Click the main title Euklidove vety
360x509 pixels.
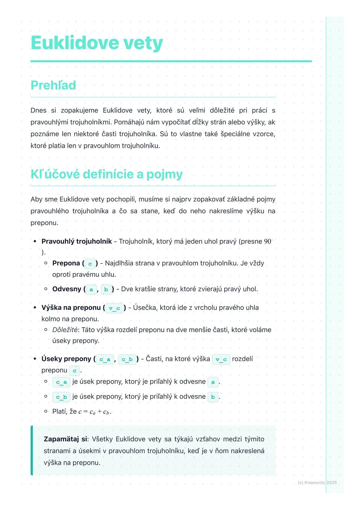(x=97, y=43)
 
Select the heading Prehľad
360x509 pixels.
(x=53, y=85)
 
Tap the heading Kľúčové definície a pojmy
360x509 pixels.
(x=107, y=174)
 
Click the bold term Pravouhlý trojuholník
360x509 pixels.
(x=77, y=241)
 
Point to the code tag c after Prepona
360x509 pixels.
(x=90, y=263)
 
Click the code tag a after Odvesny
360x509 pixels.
(x=91, y=289)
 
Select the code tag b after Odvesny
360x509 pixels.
(x=106, y=289)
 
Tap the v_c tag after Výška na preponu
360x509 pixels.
(x=114, y=308)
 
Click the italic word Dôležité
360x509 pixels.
(x=65, y=330)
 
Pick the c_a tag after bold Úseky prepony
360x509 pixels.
(x=105, y=359)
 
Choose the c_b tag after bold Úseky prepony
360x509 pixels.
(x=127, y=359)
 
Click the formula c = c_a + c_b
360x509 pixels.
(x=94, y=412)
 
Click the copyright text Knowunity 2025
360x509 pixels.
(x=317, y=483)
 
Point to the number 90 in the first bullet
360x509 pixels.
(x=268, y=241)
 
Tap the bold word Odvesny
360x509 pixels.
(x=67, y=289)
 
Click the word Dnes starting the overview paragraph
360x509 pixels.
(x=38, y=110)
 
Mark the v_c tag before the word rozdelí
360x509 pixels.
(x=221, y=359)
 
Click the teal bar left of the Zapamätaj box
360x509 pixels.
(x=32, y=450)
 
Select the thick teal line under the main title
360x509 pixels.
(x=171, y=61)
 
